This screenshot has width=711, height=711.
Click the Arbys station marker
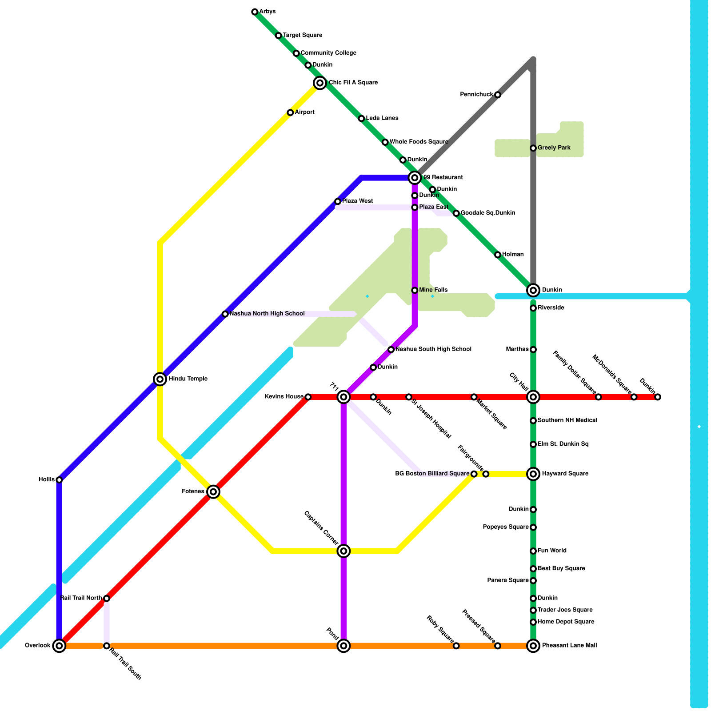255,12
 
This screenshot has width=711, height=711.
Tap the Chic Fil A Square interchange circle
320,83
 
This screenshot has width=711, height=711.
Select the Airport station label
304,112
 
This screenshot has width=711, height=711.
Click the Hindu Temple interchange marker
160,379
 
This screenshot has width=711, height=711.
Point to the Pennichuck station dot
498,95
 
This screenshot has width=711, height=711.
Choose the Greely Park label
554,148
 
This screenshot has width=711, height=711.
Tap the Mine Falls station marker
415,290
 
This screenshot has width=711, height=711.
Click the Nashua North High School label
267,314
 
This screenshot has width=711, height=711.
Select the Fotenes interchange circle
213,491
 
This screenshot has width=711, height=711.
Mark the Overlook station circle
59,646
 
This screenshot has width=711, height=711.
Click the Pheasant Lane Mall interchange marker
533,646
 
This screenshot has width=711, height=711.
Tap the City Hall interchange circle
533,397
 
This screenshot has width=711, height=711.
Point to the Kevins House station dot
308,397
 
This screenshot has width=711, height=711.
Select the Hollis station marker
59,480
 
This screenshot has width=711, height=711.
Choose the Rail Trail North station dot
107,599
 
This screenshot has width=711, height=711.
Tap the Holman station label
513,255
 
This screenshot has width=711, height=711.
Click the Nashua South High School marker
391,350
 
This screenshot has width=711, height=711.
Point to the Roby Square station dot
456,646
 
